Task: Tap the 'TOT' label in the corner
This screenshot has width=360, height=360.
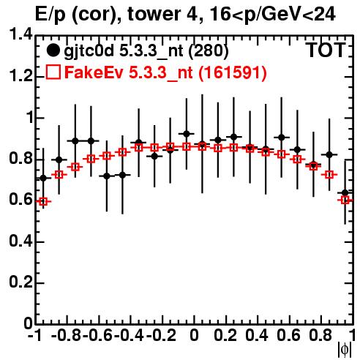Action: [x=326, y=50]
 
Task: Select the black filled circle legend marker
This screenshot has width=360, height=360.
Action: [x=53, y=50]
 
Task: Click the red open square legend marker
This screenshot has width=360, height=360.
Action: [x=53, y=72]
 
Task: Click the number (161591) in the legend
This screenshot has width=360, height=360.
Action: [x=232, y=72]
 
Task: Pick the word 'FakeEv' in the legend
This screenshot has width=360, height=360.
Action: [x=94, y=72]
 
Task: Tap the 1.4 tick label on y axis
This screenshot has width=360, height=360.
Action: [x=20, y=34]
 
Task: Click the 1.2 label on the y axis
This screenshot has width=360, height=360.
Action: [x=20, y=76]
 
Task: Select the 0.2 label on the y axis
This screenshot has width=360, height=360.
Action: [x=20, y=282]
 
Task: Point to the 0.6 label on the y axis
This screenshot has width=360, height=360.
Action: [x=20, y=200]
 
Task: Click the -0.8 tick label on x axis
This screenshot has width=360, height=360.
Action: [x=67, y=335]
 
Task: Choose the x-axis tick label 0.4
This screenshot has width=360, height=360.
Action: [x=257, y=335]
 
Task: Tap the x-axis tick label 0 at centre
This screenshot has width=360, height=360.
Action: [x=194, y=335]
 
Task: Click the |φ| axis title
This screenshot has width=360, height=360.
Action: [x=345, y=350]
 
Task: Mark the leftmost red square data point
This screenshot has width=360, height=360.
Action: [x=43, y=201]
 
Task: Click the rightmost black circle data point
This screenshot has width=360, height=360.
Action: [x=345, y=192]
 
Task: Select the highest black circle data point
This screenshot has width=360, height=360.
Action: [x=187, y=134]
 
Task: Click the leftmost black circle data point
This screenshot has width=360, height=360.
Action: [x=43, y=179]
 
